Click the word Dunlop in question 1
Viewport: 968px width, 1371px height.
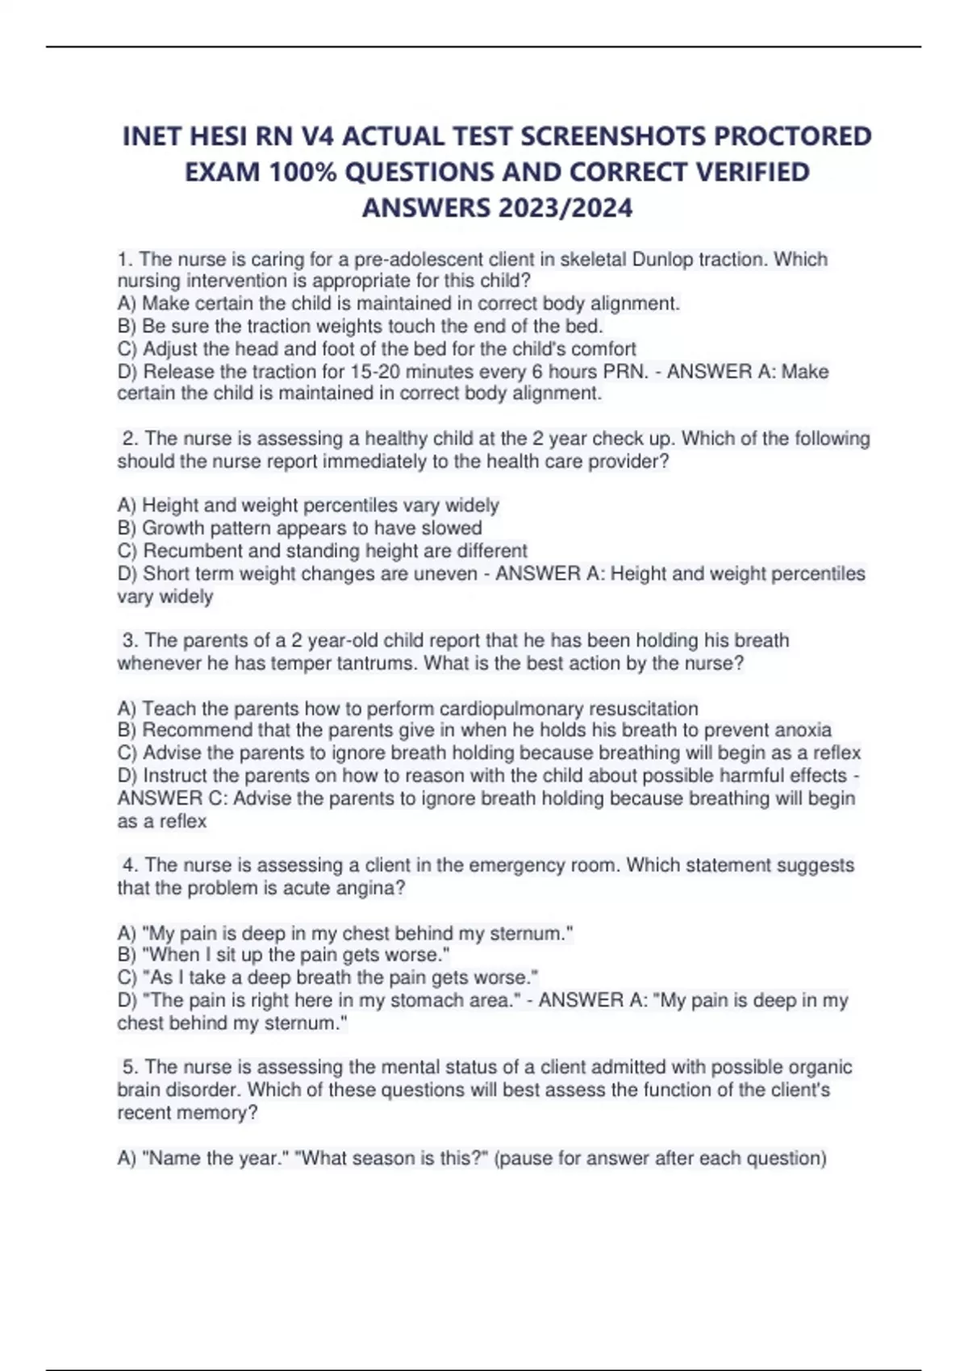coord(662,259)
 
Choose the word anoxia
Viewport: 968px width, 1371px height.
coord(803,731)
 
